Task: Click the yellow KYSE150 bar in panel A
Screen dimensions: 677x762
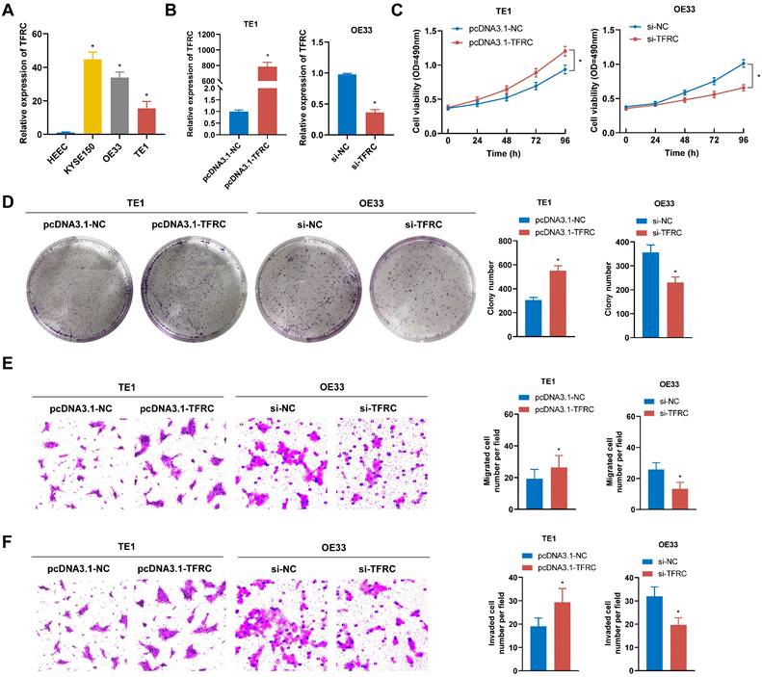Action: pyautogui.click(x=92, y=95)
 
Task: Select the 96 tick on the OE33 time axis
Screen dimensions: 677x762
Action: pyautogui.click(x=742, y=141)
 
